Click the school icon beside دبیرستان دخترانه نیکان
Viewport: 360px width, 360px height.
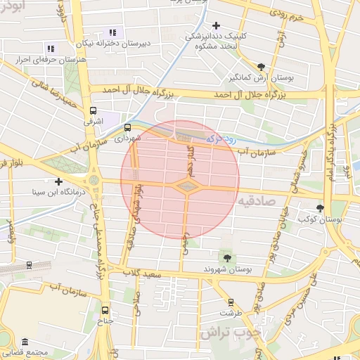pyautogui.click(x=112, y=32)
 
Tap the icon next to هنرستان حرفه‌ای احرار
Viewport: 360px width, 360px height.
pyautogui.click(x=50, y=49)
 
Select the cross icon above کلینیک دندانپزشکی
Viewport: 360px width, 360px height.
pyautogui.click(x=216, y=25)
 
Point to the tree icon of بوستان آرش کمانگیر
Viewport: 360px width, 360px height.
pyautogui.click(x=262, y=65)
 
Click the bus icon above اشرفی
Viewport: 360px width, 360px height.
pyautogui.click(x=93, y=111)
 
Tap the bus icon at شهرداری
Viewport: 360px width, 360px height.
pyautogui.click(x=127, y=128)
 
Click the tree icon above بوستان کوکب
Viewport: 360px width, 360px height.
pyautogui.click(x=321, y=208)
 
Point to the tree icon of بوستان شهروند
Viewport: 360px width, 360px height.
pyautogui.click(x=226, y=258)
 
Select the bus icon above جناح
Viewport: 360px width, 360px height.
pyautogui.click(x=105, y=310)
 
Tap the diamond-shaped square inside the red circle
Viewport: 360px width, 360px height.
pyautogui.click(x=186, y=186)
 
